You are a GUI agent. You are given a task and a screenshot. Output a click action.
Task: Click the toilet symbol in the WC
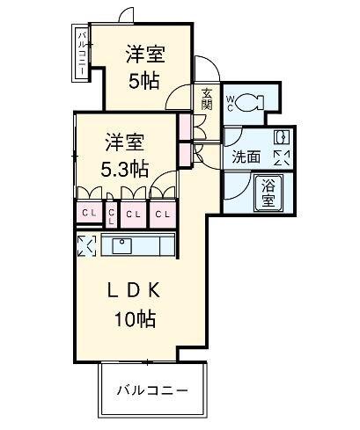coord(249,101)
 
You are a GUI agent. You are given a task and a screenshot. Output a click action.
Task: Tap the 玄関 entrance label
coord(207,99)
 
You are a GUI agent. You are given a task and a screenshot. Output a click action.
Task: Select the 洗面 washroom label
coord(246,157)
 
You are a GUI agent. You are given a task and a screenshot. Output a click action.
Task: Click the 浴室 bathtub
coord(268,193)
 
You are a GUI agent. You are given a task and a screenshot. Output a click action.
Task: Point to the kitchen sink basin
coord(121,245)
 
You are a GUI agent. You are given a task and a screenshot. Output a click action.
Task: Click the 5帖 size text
coord(144,81)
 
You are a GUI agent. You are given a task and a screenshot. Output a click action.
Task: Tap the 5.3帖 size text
coord(124,169)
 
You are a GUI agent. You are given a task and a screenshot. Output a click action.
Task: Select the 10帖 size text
coord(135,319)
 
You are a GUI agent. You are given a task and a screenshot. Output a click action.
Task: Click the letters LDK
coord(134,290)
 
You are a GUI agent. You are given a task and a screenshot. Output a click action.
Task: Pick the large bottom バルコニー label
coord(152,390)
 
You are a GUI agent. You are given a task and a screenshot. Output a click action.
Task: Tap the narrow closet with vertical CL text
coord(111,215)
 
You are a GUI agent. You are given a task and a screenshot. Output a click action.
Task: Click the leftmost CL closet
coord(89,213)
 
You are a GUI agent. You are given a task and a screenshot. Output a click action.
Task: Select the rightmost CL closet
coord(163,215)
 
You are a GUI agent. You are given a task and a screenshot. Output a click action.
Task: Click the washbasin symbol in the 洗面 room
coord(282,137)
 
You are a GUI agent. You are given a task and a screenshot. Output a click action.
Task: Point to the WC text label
coord(230,104)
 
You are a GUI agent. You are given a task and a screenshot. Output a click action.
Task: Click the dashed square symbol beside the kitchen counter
coord(86,245)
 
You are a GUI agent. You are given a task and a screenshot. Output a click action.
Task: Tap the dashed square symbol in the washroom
coord(282,158)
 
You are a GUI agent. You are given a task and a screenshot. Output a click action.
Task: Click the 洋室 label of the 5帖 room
coord(145,54)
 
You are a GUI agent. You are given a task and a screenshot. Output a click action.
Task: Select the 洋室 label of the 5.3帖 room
coord(125,142)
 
